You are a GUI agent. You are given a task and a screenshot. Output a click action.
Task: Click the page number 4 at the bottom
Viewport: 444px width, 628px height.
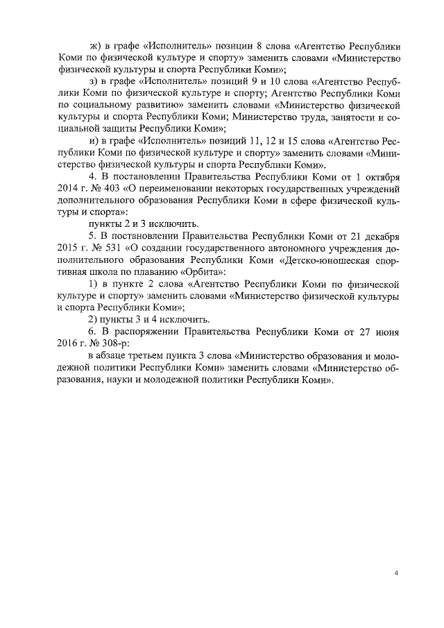395,573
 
